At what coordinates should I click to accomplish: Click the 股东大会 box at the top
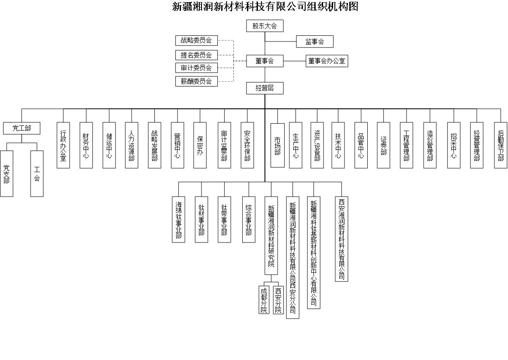point(264,26)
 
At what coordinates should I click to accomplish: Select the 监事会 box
point(315,42)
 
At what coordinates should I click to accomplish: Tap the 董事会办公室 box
point(327,61)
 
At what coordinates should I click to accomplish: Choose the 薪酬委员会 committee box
point(196,81)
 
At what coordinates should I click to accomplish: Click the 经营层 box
point(264,88)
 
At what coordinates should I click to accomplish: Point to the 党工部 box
point(21,128)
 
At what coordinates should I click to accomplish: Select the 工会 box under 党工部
point(37,173)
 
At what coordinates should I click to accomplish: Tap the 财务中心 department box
point(86,145)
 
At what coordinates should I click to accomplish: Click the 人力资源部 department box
point(132,145)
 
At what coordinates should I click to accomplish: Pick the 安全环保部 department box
point(247,145)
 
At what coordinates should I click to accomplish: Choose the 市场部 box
point(277,145)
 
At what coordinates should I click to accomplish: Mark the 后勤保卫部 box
point(501,145)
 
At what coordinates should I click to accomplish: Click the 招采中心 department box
point(453,145)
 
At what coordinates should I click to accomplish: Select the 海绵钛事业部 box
point(178,219)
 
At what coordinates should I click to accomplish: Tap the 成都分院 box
point(264,300)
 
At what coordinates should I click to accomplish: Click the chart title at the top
point(265,7)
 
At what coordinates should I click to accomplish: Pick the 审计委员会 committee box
point(196,68)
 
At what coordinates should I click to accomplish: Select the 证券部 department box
point(383,145)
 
